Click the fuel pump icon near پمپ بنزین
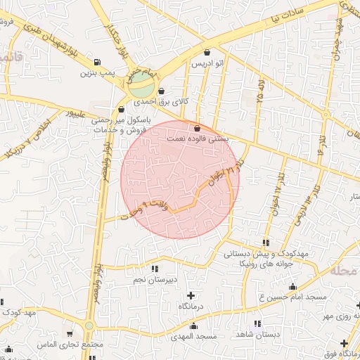pyautogui.click(x=96, y=62)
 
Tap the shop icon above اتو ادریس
pyautogui.click(x=207, y=53)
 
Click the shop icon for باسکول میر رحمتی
pyautogui.click(x=122, y=109)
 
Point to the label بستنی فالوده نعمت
pyautogui.click(x=198, y=139)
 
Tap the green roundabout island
pyautogui.click(x=141, y=86)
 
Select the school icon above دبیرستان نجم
pyautogui.click(x=155, y=269)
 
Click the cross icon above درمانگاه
pyautogui.click(x=191, y=295)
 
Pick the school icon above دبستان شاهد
pyautogui.click(x=257, y=323)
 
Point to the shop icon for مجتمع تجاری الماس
pyautogui.click(x=70, y=334)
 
